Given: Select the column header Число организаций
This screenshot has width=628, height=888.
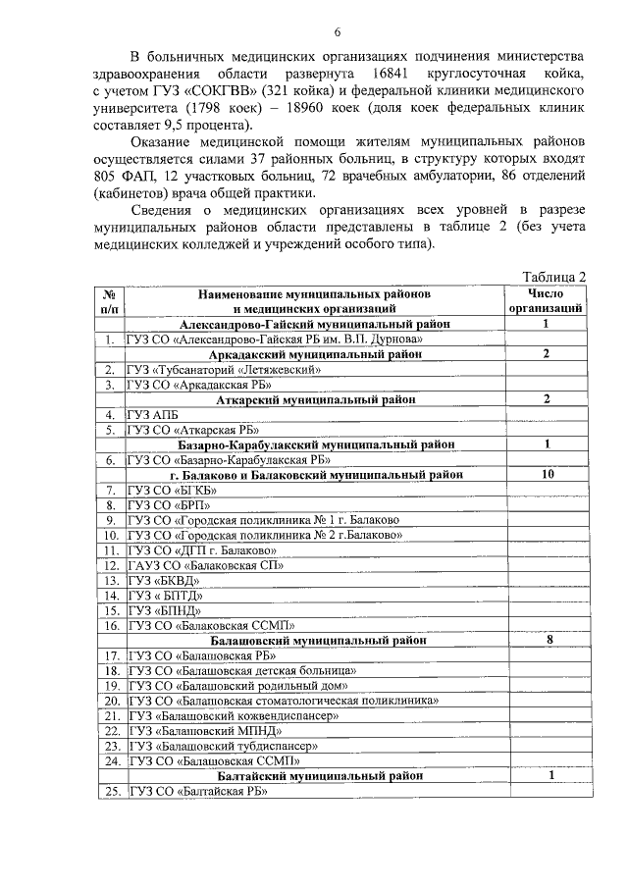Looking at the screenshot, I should click(546, 300).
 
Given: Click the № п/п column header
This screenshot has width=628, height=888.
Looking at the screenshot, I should click(110, 300).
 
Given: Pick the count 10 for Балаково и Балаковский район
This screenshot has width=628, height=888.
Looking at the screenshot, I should click(546, 475).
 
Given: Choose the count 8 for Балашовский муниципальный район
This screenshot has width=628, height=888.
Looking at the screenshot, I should click(546, 640).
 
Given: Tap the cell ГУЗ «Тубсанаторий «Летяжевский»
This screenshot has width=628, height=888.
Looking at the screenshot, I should click(223, 369).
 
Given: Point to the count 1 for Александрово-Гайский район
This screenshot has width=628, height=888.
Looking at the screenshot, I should click(546, 323).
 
